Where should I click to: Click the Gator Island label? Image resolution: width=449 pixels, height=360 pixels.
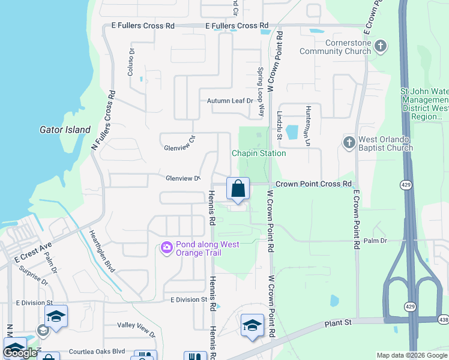(x=65, y=130)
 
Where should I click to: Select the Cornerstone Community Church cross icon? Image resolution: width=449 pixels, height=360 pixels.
(x=380, y=46)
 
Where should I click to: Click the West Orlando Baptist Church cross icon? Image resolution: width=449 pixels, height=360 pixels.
(x=349, y=143)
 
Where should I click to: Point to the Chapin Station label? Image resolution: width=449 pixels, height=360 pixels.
(x=259, y=153)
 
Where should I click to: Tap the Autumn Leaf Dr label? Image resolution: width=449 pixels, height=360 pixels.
(x=230, y=101)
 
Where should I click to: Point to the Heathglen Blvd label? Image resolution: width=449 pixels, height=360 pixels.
(x=101, y=251)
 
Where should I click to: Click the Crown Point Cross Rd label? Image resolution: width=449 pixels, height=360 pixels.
(x=313, y=184)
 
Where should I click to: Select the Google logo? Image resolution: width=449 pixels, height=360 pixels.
(x=20, y=353)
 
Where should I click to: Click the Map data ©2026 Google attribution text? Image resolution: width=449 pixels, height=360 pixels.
(x=412, y=355)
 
